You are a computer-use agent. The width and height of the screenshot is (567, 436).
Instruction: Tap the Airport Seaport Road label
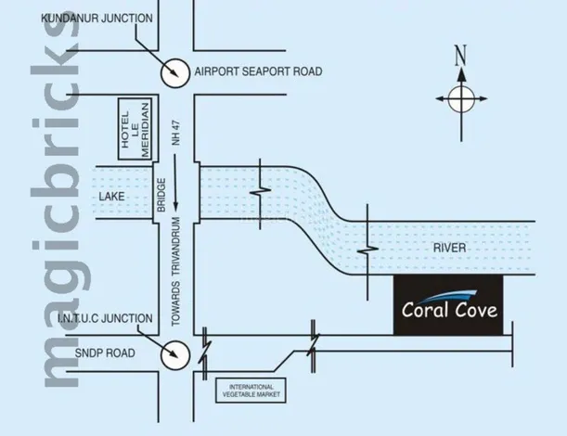click(258, 71)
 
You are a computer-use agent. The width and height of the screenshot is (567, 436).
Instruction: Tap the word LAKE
click(111, 197)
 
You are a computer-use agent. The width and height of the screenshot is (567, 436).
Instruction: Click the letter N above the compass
click(459, 55)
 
